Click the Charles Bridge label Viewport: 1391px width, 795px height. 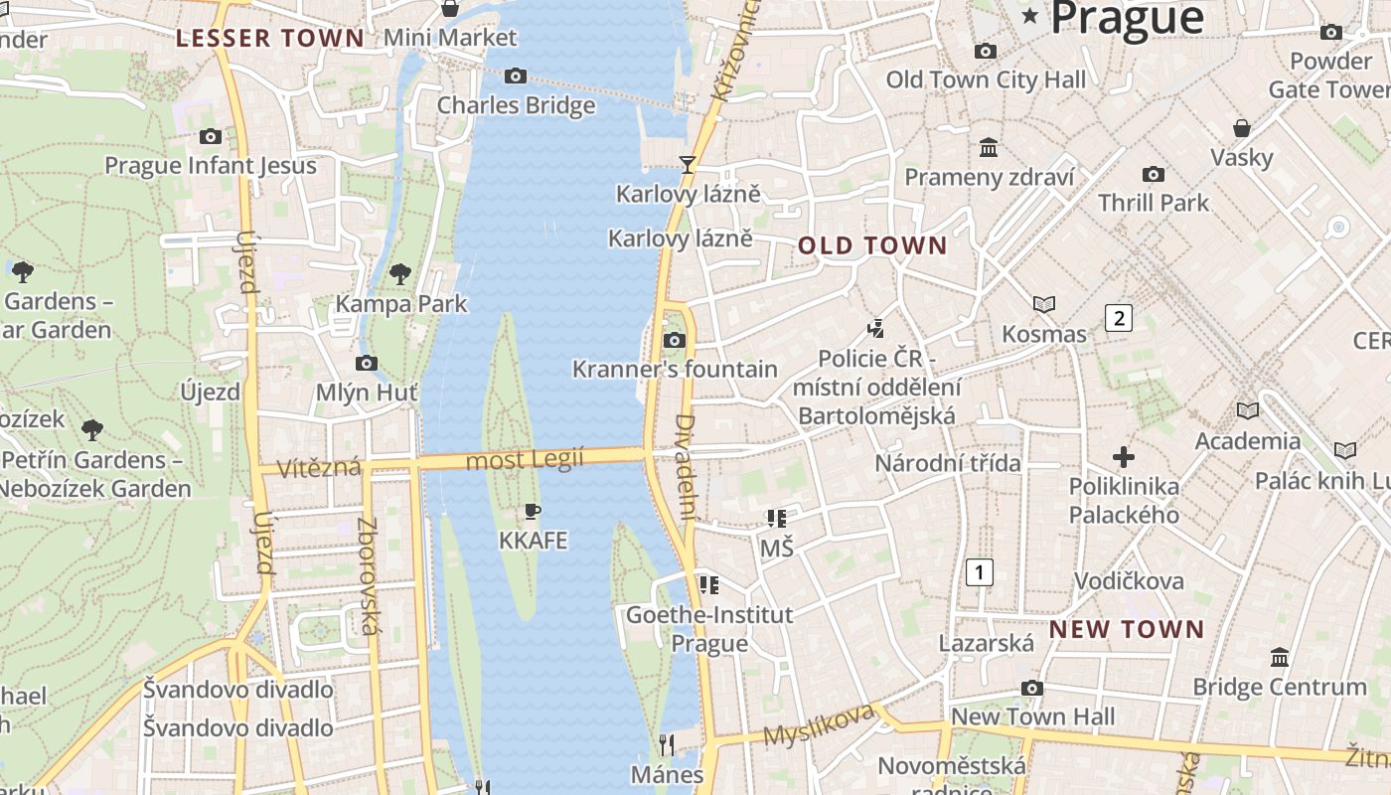tap(516, 105)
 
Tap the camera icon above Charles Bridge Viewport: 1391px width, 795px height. tap(515, 76)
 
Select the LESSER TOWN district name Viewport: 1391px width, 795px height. tap(270, 39)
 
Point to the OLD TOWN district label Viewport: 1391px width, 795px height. tap(873, 245)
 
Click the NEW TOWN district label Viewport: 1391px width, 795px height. tap(1127, 629)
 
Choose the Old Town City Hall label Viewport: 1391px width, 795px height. tap(986, 79)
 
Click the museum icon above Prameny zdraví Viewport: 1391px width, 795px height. tap(989, 148)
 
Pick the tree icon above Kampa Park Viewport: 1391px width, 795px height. tap(400, 273)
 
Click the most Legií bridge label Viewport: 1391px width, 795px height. tap(526, 459)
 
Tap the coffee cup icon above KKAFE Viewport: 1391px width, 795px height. tap(533, 512)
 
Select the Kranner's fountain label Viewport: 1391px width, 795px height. tap(675, 370)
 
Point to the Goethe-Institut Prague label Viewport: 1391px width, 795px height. tap(709, 628)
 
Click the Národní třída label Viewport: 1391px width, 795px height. tap(948, 463)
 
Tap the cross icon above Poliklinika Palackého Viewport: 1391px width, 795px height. tap(1124, 457)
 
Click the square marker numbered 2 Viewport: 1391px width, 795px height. tap(1119, 318)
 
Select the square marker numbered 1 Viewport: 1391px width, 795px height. tap(980, 571)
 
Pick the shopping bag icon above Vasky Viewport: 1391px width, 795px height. tap(1242, 128)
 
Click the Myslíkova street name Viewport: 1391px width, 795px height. tap(819, 724)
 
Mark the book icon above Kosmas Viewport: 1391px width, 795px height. tap(1043, 304)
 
